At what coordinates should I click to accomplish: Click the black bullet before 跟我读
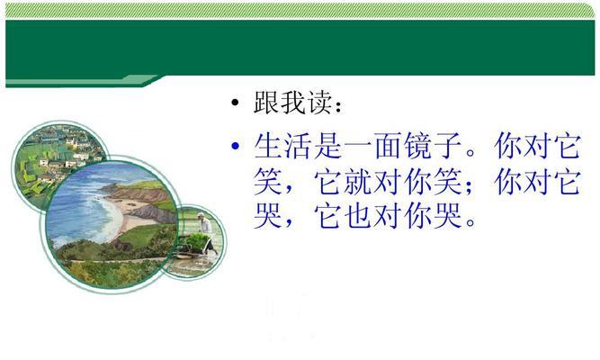click(x=235, y=103)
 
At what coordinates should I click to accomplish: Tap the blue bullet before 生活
click(x=236, y=145)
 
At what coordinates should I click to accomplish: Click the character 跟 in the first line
click(x=266, y=103)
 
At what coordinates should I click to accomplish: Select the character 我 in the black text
click(x=294, y=103)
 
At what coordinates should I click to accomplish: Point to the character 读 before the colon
click(x=320, y=103)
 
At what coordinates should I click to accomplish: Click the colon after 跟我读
click(x=338, y=106)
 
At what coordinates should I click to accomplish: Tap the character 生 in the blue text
click(x=268, y=146)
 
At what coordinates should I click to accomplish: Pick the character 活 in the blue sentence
click(x=298, y=146)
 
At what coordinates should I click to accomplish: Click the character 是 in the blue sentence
click(x=328, y=146)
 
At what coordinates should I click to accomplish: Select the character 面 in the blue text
click(x=389, y=146)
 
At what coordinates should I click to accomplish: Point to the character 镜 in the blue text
click(x=418, y=146)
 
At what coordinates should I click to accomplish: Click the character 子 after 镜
click(x=449, y=146)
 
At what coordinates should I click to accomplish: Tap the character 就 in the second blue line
click(x=358, y=181)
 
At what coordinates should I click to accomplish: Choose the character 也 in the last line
click(x=358, y=215)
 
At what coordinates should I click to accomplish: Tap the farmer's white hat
click(x=201, y=214)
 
